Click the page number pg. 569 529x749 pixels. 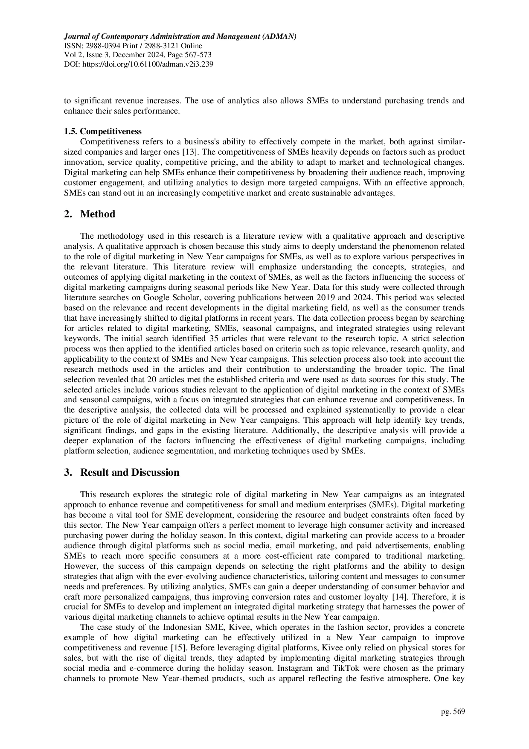click(x=453, y=711)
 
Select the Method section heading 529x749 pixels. click(x=97, y=214)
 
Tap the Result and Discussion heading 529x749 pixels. click(x=130, y=473)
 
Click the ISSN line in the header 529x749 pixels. click(x=133, y=46)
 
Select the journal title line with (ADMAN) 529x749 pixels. click(x=180, y=36)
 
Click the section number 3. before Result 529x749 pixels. click(x=67, y=473)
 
